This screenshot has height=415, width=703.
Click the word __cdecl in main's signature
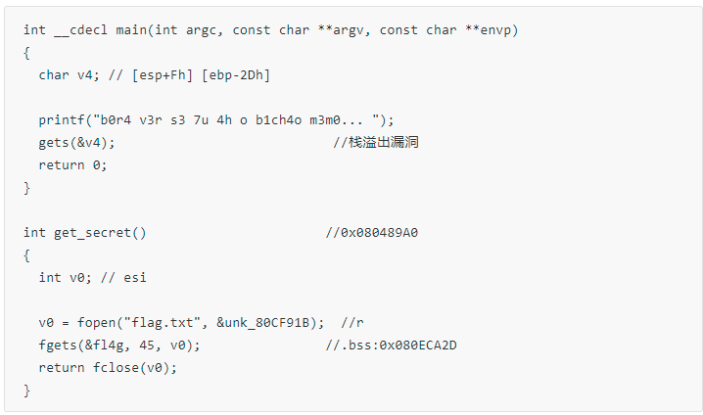click(80, 30)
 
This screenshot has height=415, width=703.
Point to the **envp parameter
click(488, 31)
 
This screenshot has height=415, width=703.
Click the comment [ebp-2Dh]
click(236, 75)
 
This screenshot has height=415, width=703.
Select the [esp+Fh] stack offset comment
click(163, 75)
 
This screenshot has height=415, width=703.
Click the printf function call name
click(62, 120)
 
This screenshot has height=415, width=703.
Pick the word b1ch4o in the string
click(278, 120)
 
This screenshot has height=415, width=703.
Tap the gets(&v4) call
click(73, 143)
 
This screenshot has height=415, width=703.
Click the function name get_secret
click(92, 233)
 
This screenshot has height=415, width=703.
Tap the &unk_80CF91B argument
click(262, 323)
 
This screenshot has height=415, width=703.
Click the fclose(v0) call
click(131, 368)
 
